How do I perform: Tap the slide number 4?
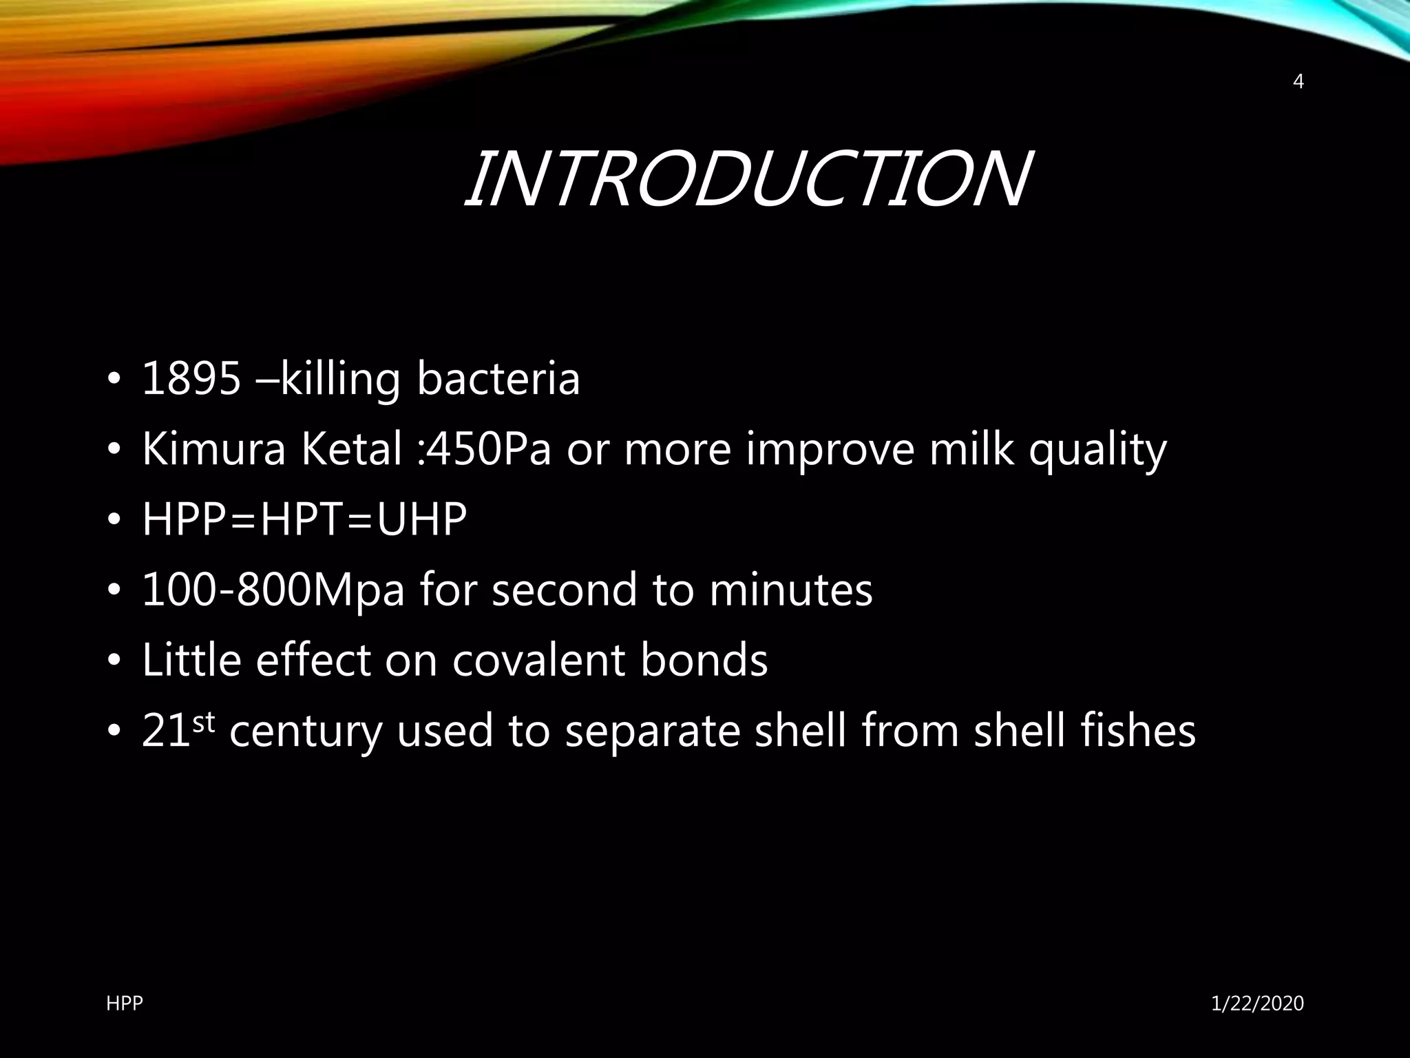click(1298, 82)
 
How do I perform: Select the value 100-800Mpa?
click(273, 590)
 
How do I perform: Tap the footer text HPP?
click(125, 1004)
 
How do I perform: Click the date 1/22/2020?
click(1257, 1004)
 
